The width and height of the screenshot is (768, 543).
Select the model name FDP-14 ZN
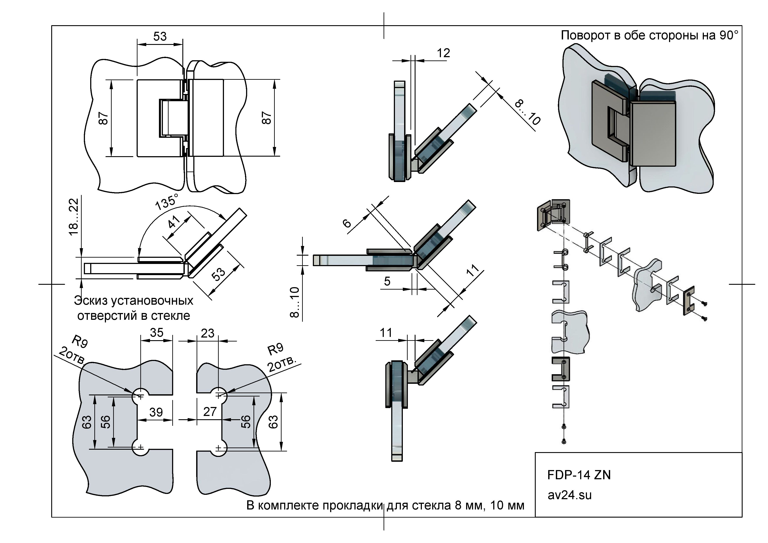click(579, 475)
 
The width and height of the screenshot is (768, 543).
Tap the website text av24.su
click(569, 495)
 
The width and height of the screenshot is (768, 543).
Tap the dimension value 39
click(156, 412)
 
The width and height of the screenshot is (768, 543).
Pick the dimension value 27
click(210, 412)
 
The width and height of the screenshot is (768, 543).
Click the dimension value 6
click(347, 223)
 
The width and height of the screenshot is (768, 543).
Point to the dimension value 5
click(387, 281)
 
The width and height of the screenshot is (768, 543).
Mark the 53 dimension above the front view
click(160, 36)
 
